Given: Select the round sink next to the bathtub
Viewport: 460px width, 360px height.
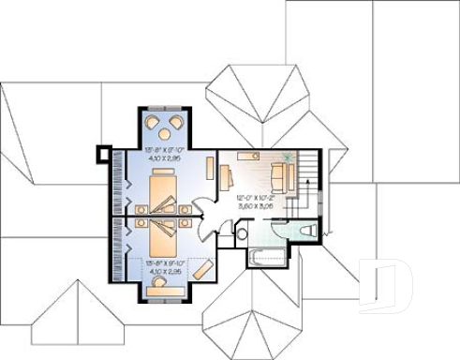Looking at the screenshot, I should (242, 233).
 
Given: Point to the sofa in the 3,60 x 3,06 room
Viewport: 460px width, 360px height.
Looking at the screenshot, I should (279, 175).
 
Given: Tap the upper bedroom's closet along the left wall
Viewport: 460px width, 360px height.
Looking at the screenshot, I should (119, 184).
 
